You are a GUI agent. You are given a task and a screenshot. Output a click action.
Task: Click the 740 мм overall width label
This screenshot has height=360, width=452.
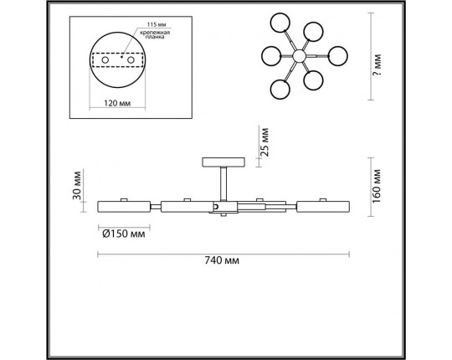[x=222, y=260]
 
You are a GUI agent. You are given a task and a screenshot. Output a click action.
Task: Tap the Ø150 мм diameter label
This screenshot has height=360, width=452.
[x=124, y=234]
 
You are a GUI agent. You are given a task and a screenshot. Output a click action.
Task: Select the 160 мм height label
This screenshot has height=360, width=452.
[x=377, y=186]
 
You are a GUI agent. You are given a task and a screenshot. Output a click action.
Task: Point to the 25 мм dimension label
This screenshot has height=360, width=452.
[x=264, y=142]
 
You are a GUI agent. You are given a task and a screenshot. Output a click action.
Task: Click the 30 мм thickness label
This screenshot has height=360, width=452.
[x=77, y=185]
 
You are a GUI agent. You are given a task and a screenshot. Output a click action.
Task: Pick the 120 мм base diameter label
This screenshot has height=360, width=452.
[x=117, y=103]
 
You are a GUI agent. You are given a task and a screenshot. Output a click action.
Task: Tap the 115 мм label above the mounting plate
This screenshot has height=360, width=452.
[x=157, y=25]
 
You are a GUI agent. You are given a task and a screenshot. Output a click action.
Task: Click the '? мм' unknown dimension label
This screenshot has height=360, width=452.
[x=377, y=64]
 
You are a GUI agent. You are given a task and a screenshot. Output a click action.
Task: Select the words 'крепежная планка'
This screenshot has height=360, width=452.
[x=155, y=34]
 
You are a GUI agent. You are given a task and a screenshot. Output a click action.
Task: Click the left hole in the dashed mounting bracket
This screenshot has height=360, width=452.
[x=105, y=60]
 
